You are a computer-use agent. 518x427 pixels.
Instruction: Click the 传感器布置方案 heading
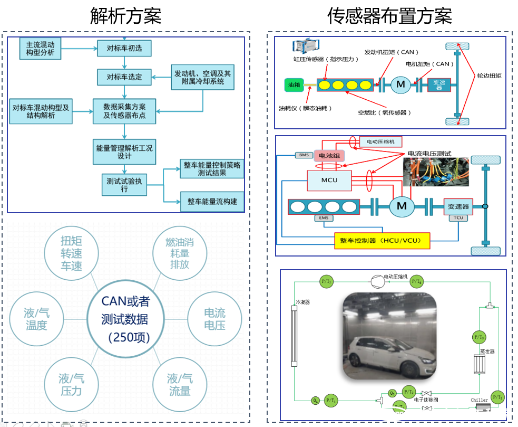389,16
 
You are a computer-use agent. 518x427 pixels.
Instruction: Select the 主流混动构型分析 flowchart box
40,48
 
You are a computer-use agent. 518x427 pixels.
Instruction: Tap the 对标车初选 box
124,49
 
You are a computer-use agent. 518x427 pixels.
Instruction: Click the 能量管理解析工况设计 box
124,152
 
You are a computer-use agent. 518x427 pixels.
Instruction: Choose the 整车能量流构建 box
212,201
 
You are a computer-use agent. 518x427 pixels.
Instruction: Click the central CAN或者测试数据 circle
125,319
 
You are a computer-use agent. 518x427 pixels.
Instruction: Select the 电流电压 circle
214,319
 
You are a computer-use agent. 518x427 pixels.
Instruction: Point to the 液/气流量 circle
179,385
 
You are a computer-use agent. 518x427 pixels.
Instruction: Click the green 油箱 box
294,84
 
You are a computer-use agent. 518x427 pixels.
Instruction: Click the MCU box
329,180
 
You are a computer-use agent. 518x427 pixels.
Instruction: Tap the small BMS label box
304,155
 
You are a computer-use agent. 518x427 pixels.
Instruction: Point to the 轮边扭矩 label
489,76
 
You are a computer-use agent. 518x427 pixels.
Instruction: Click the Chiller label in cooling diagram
480,400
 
